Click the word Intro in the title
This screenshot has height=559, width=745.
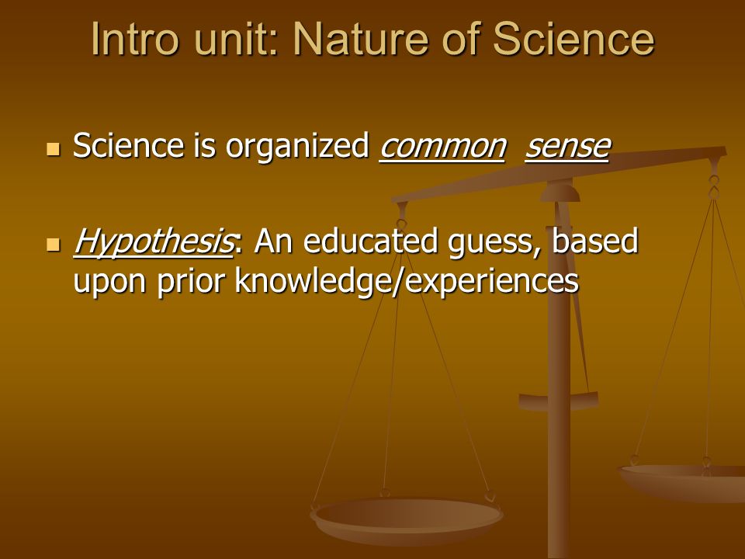(x=135, y=39)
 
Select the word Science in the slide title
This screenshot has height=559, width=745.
(x=574, y=39)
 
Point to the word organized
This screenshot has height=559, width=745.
(x=297, y=145)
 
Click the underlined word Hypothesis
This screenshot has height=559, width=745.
(x=153, y=242)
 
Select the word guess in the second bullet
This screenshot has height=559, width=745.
(x=494, y=243)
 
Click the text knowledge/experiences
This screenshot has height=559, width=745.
(x=407, y=281)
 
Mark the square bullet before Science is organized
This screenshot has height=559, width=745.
(x=54, y=149)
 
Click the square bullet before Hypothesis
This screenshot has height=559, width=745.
(x=54, y=245)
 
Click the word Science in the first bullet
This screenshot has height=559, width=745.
(x=128, y=145)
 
